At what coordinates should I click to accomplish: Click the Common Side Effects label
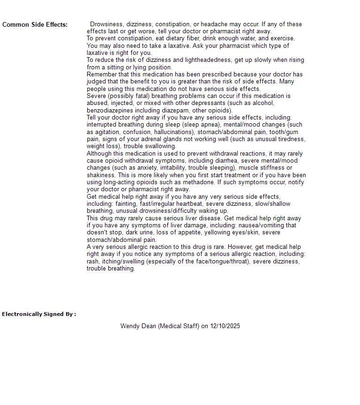[x=35, y=25]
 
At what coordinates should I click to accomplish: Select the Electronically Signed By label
[x=39, y=314]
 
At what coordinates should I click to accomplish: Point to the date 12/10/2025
[x=225, y=326]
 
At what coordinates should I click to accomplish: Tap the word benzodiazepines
[x=109, y=111]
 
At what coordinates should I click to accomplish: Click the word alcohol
[x=263, y=103]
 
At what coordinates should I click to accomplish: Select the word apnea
[x=211, y=125]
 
